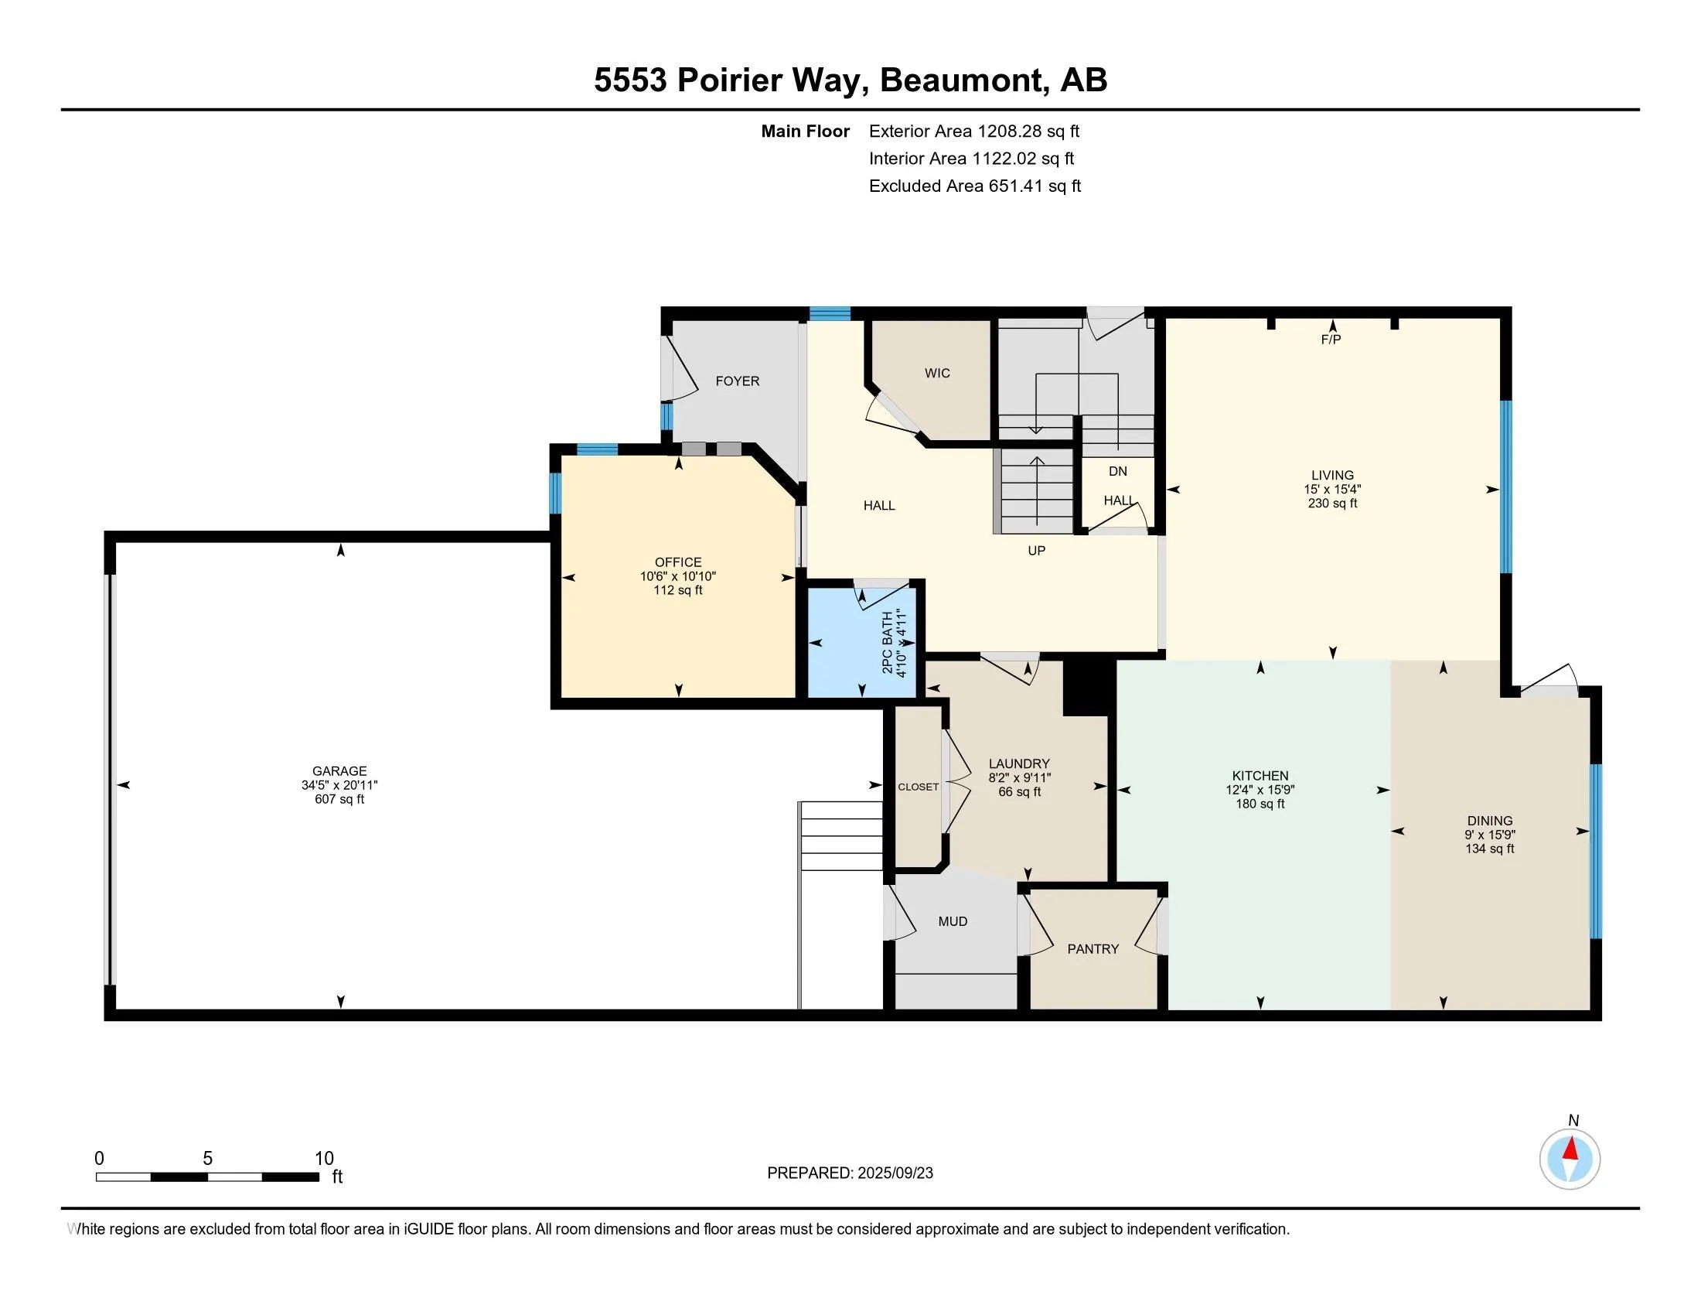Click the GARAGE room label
tap(339, 771)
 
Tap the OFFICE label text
tap(677, 562)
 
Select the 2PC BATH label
tap(887, 643)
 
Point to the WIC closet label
tap(937, 373)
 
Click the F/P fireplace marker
tap(1331, 340)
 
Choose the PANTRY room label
tap(1093, 949)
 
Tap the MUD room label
tap(953, 921)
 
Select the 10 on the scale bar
tap(324, 1159)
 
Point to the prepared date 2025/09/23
tap(895, 1173)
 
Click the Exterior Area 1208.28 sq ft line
tap(974, 131)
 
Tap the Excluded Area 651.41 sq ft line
tap(975, 186)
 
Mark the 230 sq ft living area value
tap(1333, 504)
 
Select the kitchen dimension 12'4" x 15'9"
tap(1260, 790)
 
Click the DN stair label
tap(1118, 471)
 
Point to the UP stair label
tap(1036, 551)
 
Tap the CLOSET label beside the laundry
tap(919, 787)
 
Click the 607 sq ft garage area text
tap(339, 799)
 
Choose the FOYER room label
tap(738, 381)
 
